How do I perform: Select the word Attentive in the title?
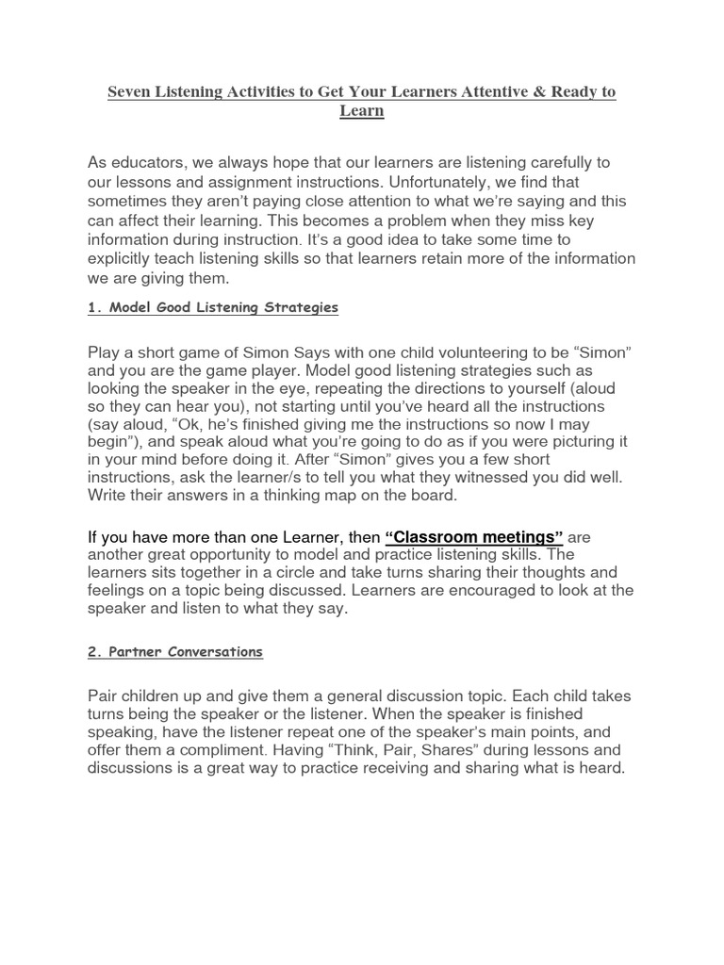[x=486, y=93]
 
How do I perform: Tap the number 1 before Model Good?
[x=90, y=308]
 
